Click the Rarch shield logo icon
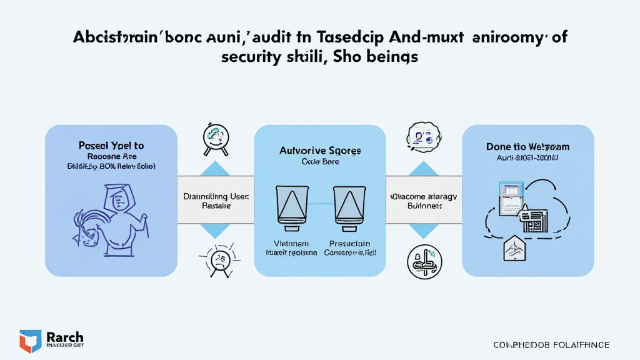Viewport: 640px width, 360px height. [30, 340]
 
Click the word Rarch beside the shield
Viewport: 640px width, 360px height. [65, 337]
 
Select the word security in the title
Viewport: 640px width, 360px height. [248, 57]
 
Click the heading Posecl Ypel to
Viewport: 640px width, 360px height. [111, 145]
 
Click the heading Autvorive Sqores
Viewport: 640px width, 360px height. [319, 151]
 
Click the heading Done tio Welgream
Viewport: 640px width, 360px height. [527, 146]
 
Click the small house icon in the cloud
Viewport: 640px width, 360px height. [512, 249]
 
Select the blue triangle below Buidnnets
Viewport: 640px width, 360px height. [423, 230]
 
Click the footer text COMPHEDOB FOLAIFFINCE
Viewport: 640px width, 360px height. [551, 345]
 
